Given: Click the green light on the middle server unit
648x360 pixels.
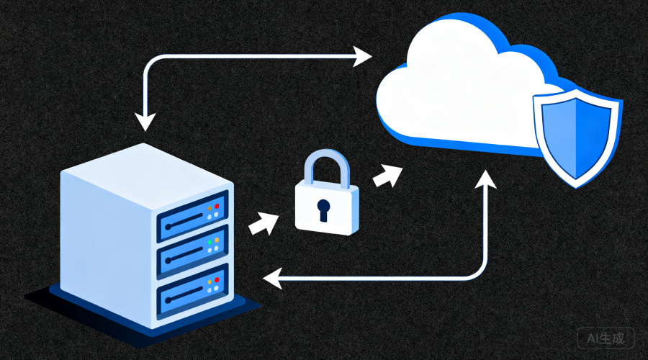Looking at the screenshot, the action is pos(210,242).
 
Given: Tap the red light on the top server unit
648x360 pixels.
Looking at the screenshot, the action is pos(217,206).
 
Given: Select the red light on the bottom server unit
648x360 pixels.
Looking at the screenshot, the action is pos(217,280).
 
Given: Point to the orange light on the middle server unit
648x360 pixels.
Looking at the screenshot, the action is pos(217,240).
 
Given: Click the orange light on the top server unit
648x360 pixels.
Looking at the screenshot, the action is pos(210,209).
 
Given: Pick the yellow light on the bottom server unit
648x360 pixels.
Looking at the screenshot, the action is pos(210,282).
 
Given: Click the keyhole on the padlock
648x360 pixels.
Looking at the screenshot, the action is pos(323,209).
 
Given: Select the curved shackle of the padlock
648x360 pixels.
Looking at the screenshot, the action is pos(326,155).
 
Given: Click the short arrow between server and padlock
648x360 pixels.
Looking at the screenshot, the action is pos(264,224).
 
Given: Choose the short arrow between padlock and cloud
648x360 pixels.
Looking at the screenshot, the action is pos(387,176).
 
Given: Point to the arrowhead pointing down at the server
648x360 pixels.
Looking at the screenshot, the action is pos(145,121).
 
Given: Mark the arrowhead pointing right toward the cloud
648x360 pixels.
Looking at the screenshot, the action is pos(362,56).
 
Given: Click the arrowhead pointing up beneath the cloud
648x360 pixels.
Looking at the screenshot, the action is pos(485,179).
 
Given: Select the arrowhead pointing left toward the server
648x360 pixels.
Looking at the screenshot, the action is pos(272,278).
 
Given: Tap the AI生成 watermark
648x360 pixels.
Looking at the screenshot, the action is pos(606,339).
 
